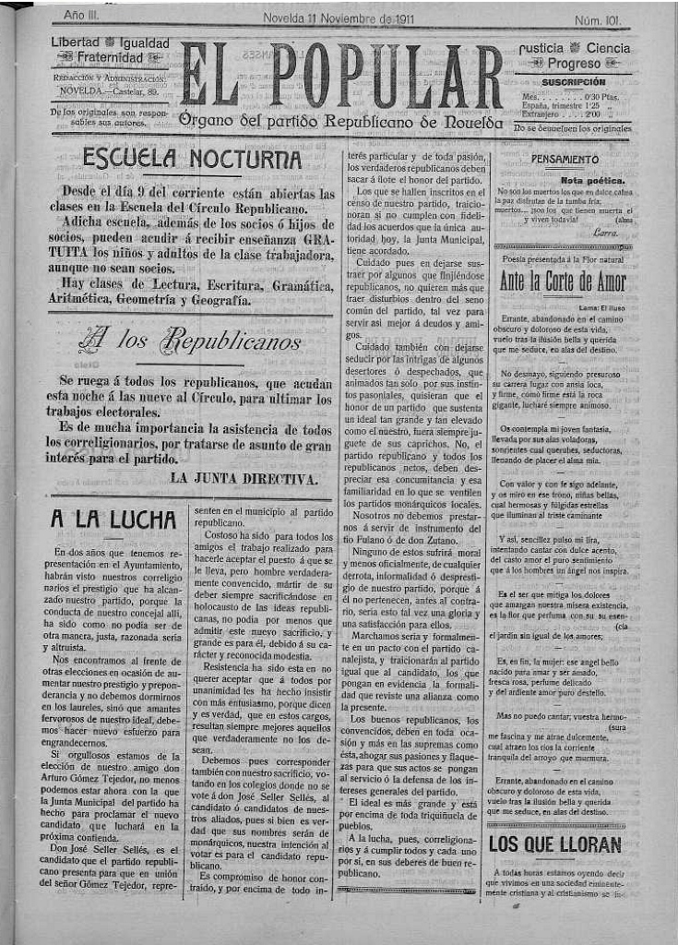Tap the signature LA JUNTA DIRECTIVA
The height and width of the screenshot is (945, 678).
click(245, 478)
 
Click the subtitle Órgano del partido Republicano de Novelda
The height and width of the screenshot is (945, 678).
click(341, 121)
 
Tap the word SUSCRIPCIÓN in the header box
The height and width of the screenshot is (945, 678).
click(573, 82)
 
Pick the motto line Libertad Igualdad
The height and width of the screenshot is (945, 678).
click(110, 43)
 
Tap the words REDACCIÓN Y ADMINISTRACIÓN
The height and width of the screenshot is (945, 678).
click(102, 80)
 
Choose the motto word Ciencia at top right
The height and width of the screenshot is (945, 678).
click(608, 48)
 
